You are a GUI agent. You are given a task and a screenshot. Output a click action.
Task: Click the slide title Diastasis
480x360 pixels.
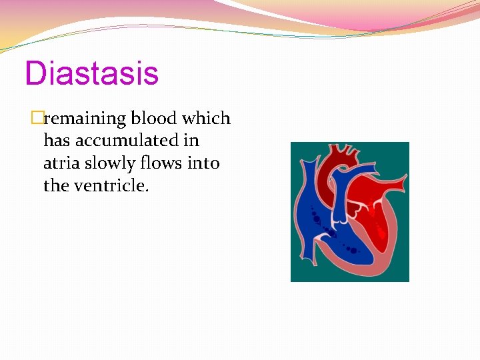click(91, 73)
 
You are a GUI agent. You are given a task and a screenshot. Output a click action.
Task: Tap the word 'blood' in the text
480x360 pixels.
click(154, 119)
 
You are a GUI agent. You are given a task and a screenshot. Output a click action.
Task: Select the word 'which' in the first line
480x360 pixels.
click(206, 119)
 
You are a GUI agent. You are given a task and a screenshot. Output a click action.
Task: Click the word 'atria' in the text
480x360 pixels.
click(61, 163)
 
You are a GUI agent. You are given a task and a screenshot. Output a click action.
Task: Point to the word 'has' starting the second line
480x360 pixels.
click(54, 141)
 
